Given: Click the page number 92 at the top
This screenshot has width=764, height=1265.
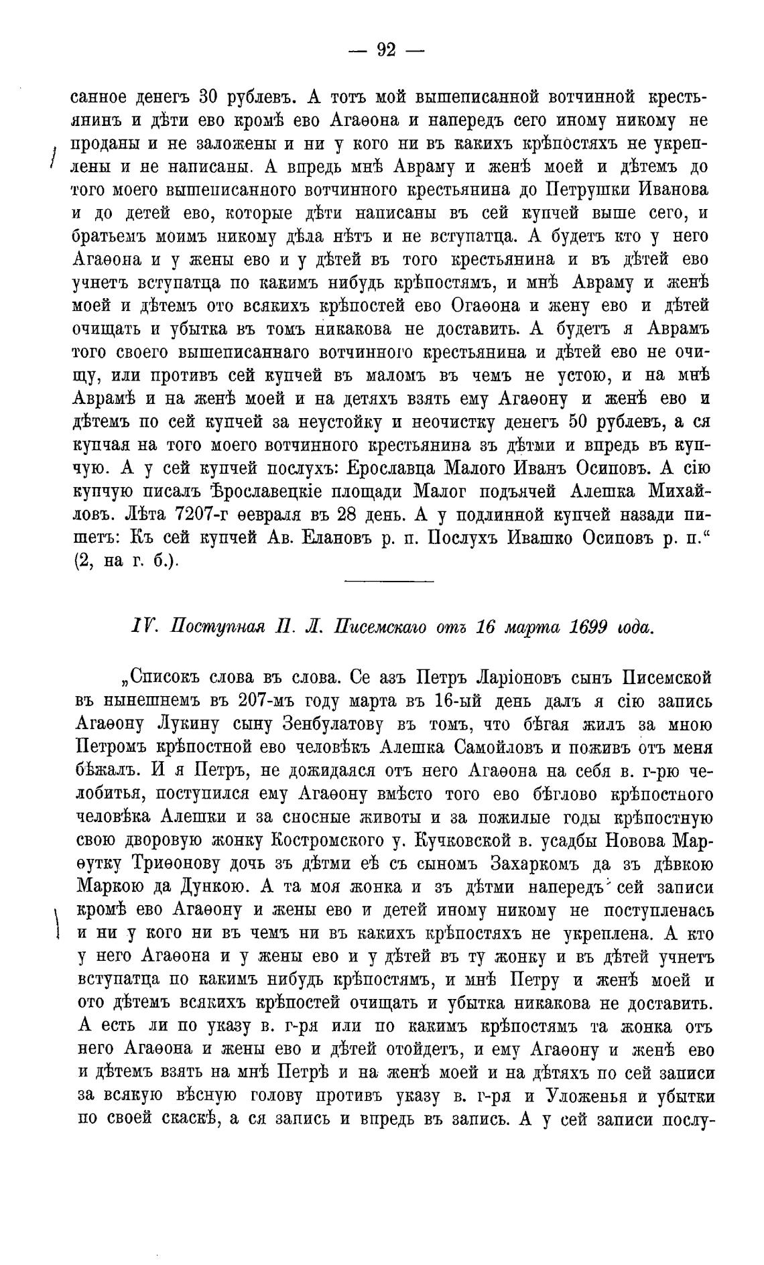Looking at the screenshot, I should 387,50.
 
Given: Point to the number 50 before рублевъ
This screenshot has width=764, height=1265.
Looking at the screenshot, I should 580,423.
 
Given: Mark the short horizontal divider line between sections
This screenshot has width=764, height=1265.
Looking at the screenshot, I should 389,582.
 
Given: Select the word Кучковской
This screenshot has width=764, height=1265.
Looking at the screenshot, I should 478,840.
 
